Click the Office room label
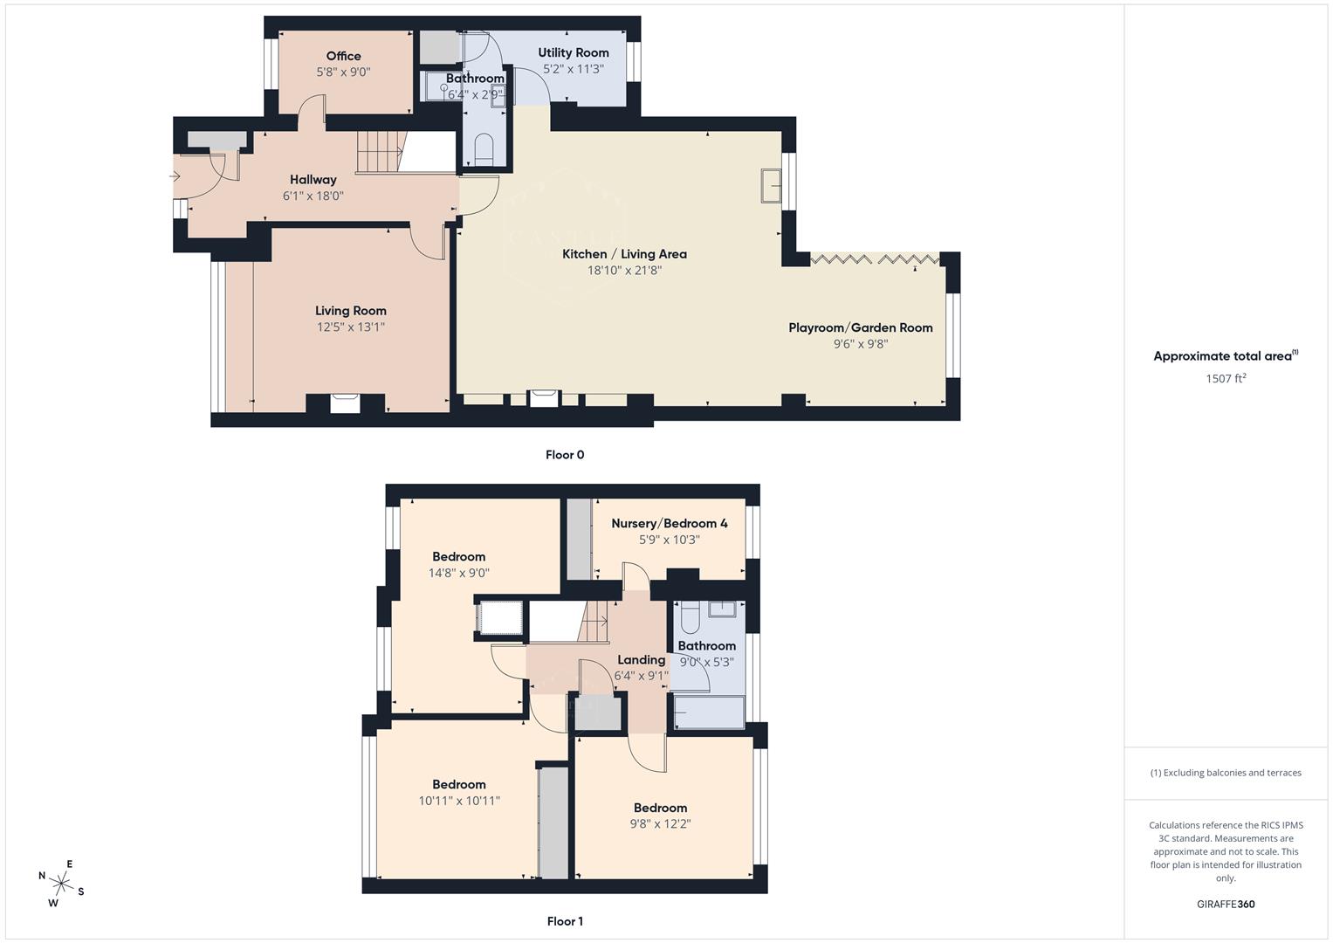click(343, 56)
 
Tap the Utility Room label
click(573, 52)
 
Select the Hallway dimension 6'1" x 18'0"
click(313, 196)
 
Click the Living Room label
click(350, 311)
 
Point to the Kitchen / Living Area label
click(624, 254)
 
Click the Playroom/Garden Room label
click(860, 327)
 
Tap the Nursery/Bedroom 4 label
click(669, 523)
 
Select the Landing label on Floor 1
click(641, 660)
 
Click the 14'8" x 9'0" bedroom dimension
click(458, 573)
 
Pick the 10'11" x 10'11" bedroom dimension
click(459, 801)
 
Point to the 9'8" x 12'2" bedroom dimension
click(660, 823)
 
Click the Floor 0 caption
click(565, 455)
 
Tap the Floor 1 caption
click(565, 921)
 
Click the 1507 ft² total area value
click(1226, 378)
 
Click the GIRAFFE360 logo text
click(1226, 904)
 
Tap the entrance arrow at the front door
click(175, 177)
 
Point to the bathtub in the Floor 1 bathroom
click(709, 712)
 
